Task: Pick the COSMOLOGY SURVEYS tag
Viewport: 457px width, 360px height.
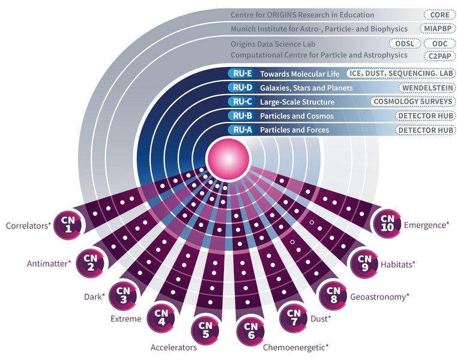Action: [x=411, y=101]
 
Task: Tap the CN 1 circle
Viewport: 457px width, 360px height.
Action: [x=68, y=223]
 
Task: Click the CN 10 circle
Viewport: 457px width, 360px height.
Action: [x=387, y=223]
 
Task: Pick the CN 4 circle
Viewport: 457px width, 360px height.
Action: [x=161, y=316]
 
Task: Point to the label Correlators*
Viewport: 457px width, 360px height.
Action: [x=28, y=226]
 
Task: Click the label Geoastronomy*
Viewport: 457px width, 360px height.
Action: [x=380, y=296]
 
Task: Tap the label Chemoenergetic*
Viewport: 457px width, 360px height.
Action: [x=296, y=347]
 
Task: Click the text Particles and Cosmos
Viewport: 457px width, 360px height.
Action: [x=297, y=115]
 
